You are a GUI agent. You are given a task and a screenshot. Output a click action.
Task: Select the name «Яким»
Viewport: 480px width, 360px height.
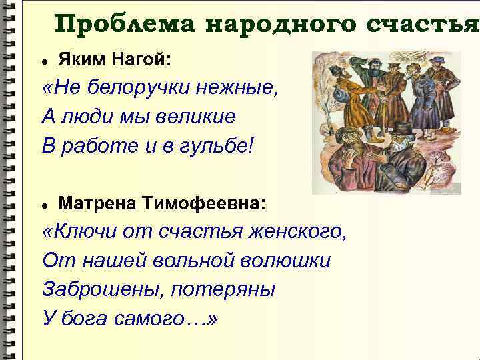[79, 60]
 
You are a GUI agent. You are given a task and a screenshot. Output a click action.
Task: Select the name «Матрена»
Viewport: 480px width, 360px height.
[99, 202]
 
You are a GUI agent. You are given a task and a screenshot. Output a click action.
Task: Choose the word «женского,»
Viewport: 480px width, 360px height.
[297, 231]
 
